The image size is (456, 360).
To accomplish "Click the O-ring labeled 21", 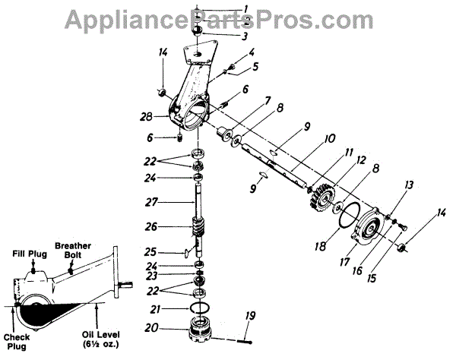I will tap(200, 306).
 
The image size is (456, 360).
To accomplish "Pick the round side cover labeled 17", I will tap(372, 229).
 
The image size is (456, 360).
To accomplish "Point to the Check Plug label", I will tap(17, 339).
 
